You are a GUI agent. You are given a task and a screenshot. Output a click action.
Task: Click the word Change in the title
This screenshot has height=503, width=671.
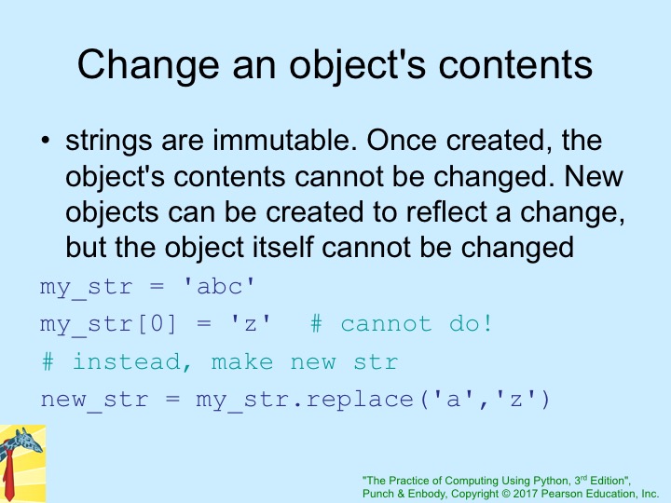(148, 65)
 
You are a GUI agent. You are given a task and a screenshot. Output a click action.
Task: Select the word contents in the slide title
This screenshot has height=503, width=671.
(515, 65)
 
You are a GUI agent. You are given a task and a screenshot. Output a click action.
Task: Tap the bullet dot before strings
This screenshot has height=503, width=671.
(46, 141)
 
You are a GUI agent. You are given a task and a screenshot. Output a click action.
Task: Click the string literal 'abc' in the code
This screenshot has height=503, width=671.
(219, 287)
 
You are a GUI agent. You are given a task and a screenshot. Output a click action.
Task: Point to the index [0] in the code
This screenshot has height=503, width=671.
(157, 324)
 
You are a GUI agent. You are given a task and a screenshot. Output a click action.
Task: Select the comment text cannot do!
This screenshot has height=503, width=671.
(416, 324)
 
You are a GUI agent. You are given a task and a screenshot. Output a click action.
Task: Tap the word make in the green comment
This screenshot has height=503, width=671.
(242, 361)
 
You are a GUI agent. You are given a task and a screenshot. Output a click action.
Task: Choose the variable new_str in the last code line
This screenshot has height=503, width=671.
(94, 400)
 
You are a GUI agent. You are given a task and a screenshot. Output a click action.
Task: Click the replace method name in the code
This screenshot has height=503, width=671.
(360, 400)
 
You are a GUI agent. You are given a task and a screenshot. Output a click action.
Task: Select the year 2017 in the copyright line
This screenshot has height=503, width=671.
(526, 494)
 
